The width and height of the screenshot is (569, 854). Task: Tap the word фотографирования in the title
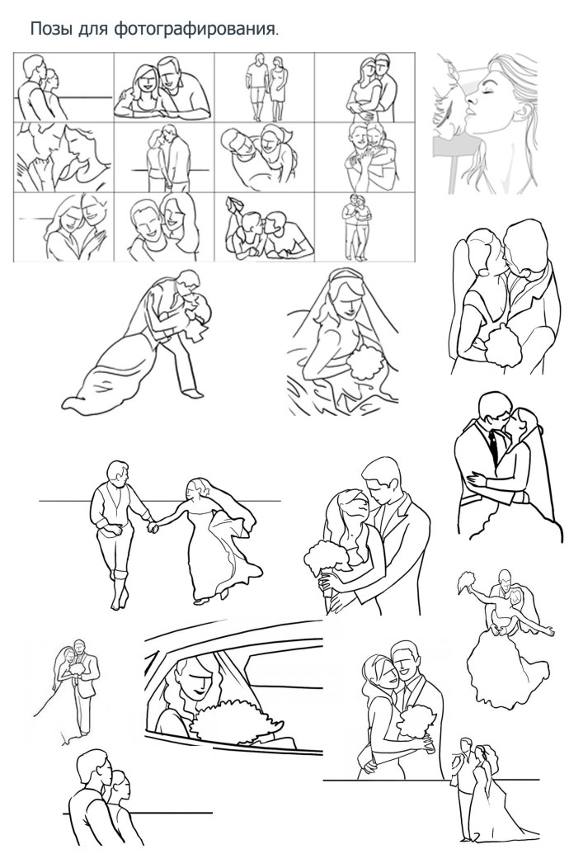tap(195, 30)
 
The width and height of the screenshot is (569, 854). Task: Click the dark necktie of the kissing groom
tap(493, 446)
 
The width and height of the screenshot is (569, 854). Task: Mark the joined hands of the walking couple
tap(153, 526)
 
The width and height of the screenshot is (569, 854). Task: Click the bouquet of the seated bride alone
tap(364, 363)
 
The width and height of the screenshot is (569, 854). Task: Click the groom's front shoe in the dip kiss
tap(192, 392)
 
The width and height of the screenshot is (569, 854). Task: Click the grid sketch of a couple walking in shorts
tap(264, 87)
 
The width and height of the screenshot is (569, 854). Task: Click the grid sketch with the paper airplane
tap(264, 227)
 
